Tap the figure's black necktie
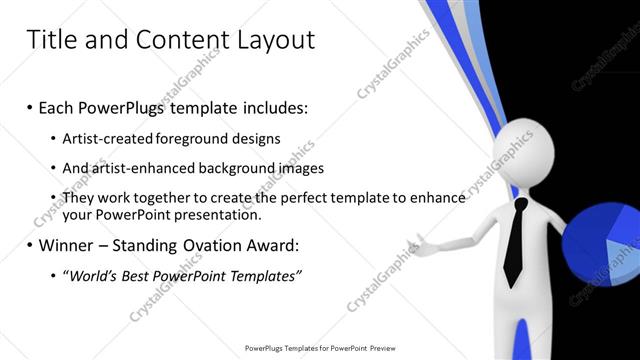click(513, 240)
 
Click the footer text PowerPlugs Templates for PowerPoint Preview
click(320, 348)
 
